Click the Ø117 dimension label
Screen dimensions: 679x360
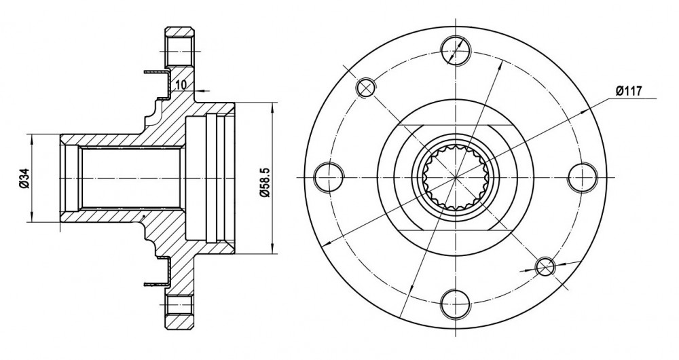(628, 91)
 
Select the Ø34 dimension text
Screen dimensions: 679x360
(24, 178)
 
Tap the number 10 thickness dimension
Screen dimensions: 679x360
(181, 85)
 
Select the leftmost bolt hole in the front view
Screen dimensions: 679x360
(329, 177)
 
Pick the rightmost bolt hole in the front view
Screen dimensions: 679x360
(582, 177)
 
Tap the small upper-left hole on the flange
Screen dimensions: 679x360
(366, 88)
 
